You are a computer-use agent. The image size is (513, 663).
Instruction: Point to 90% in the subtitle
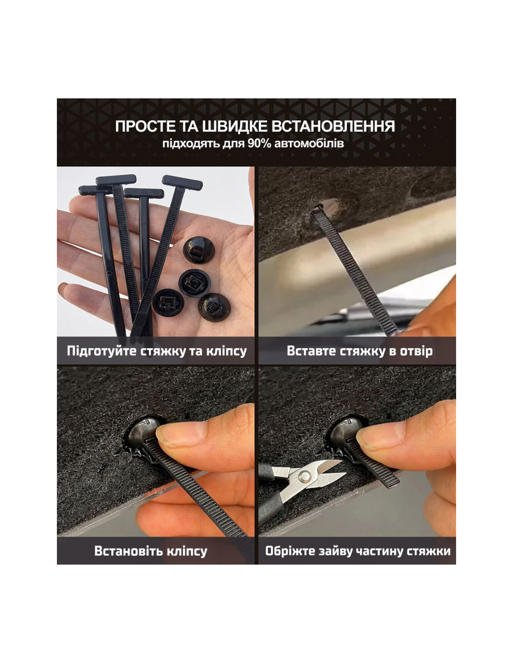[259, 144]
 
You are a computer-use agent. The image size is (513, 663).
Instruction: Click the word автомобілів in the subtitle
[309, 144]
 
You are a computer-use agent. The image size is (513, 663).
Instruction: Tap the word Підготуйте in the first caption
[102, 351]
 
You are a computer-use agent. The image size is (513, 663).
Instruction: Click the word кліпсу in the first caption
[226, 352]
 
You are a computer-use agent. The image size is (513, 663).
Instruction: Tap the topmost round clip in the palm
[199, 250]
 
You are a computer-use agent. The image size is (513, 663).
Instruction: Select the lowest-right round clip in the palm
[214, 307]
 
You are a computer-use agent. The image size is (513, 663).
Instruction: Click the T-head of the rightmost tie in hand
[182, 182]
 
